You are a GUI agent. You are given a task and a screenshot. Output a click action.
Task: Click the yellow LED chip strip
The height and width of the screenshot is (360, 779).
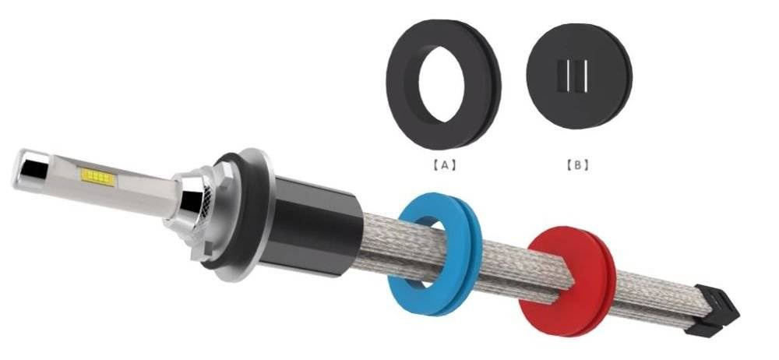[x=98, y=177]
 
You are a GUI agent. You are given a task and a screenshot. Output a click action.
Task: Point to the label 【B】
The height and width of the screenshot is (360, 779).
[x=577, y=165]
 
